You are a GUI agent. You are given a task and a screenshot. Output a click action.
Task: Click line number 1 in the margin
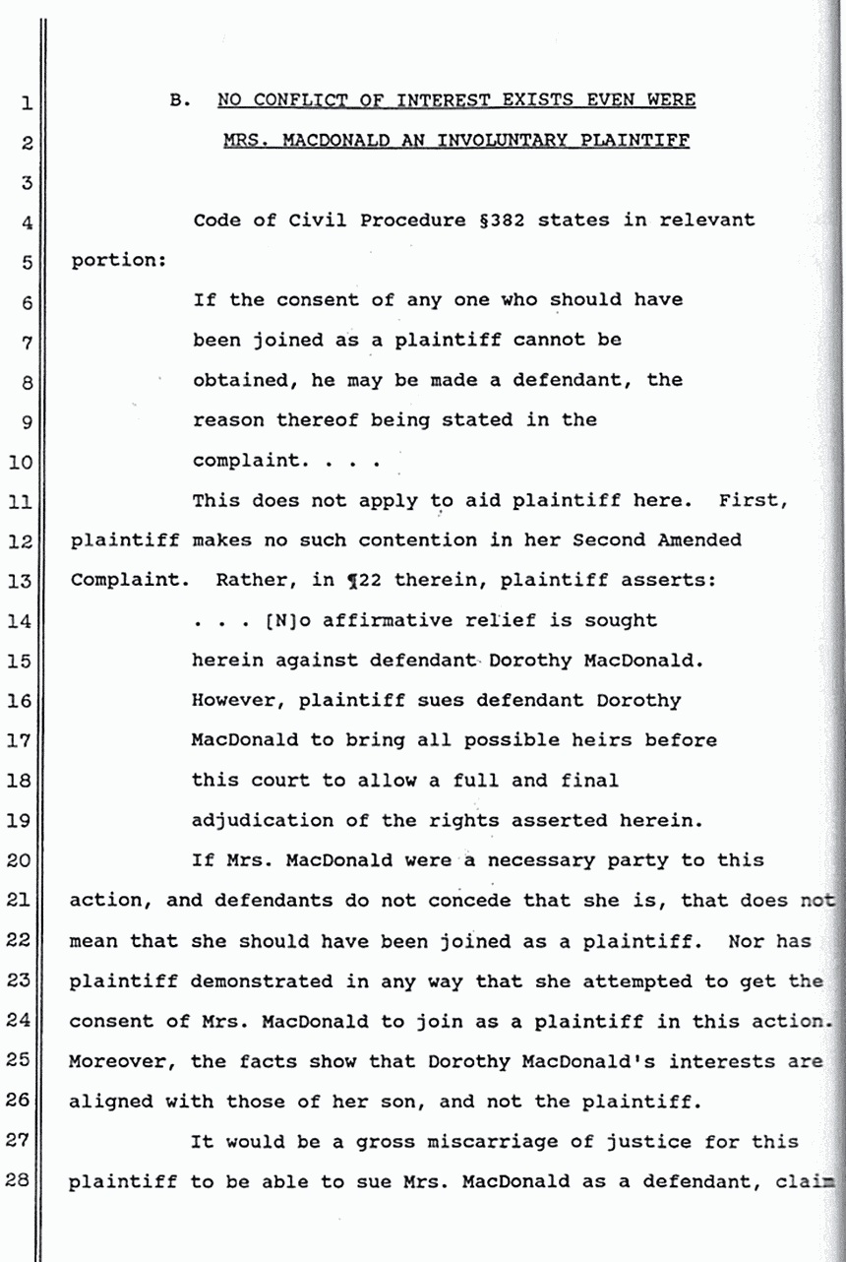click(28, 100)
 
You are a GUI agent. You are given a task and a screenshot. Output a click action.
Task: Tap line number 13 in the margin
click(27, 581)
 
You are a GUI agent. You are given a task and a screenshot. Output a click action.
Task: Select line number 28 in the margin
click(27, 1182)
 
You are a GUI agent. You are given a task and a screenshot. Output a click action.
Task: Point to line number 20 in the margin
click(27, 860)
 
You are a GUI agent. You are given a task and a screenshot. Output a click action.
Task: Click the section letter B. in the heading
click(179, 99)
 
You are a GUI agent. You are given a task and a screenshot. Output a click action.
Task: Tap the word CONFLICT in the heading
click(293, 99)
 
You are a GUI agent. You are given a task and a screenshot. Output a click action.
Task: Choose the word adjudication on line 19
click(257, 821)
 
